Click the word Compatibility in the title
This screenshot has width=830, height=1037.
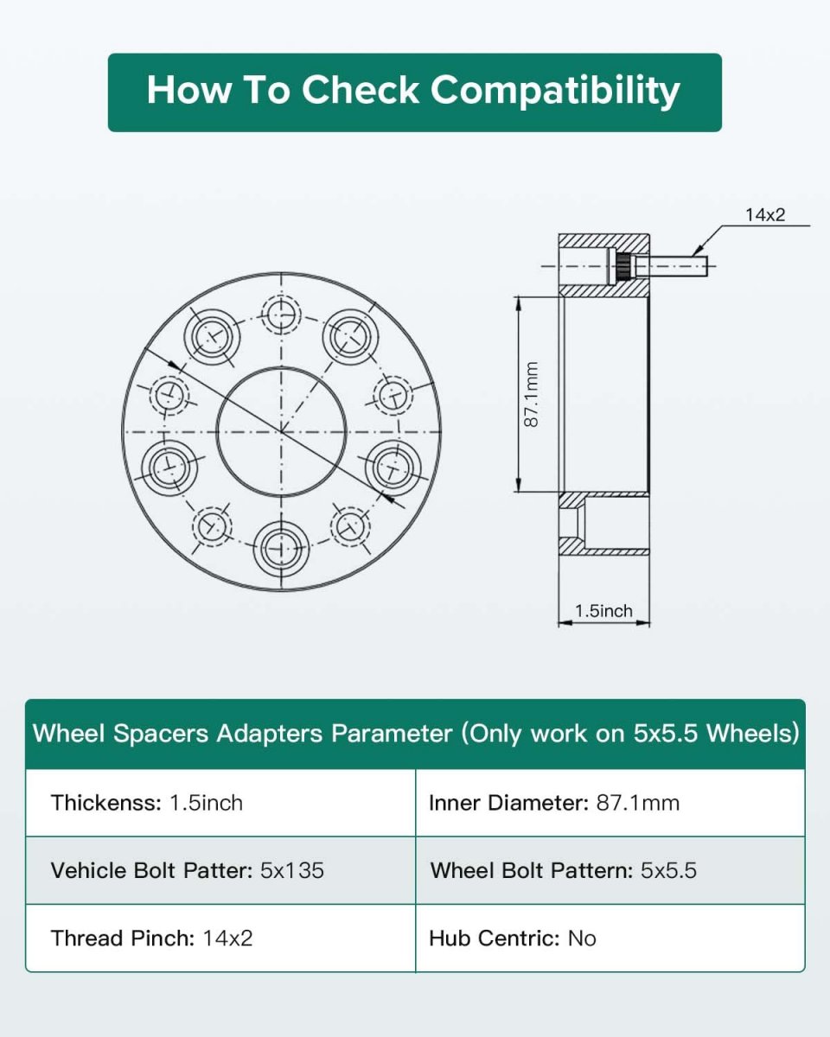coord(555,91)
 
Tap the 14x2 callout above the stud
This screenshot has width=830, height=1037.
coord(765,215)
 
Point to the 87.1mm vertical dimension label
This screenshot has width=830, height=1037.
coord(531,394)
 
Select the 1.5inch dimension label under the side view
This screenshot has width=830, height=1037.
coord(603,611)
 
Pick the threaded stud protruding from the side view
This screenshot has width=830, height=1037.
coord(670,265)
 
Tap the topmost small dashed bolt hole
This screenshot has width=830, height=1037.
coord(281,315)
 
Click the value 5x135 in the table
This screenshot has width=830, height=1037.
coord(292,870)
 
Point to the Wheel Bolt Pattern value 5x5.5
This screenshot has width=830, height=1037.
coord(668,870)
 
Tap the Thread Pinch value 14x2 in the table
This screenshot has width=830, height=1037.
coord(227,938)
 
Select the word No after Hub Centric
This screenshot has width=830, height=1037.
coord(582,938)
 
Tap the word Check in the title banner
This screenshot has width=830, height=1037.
coord(361,90)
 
